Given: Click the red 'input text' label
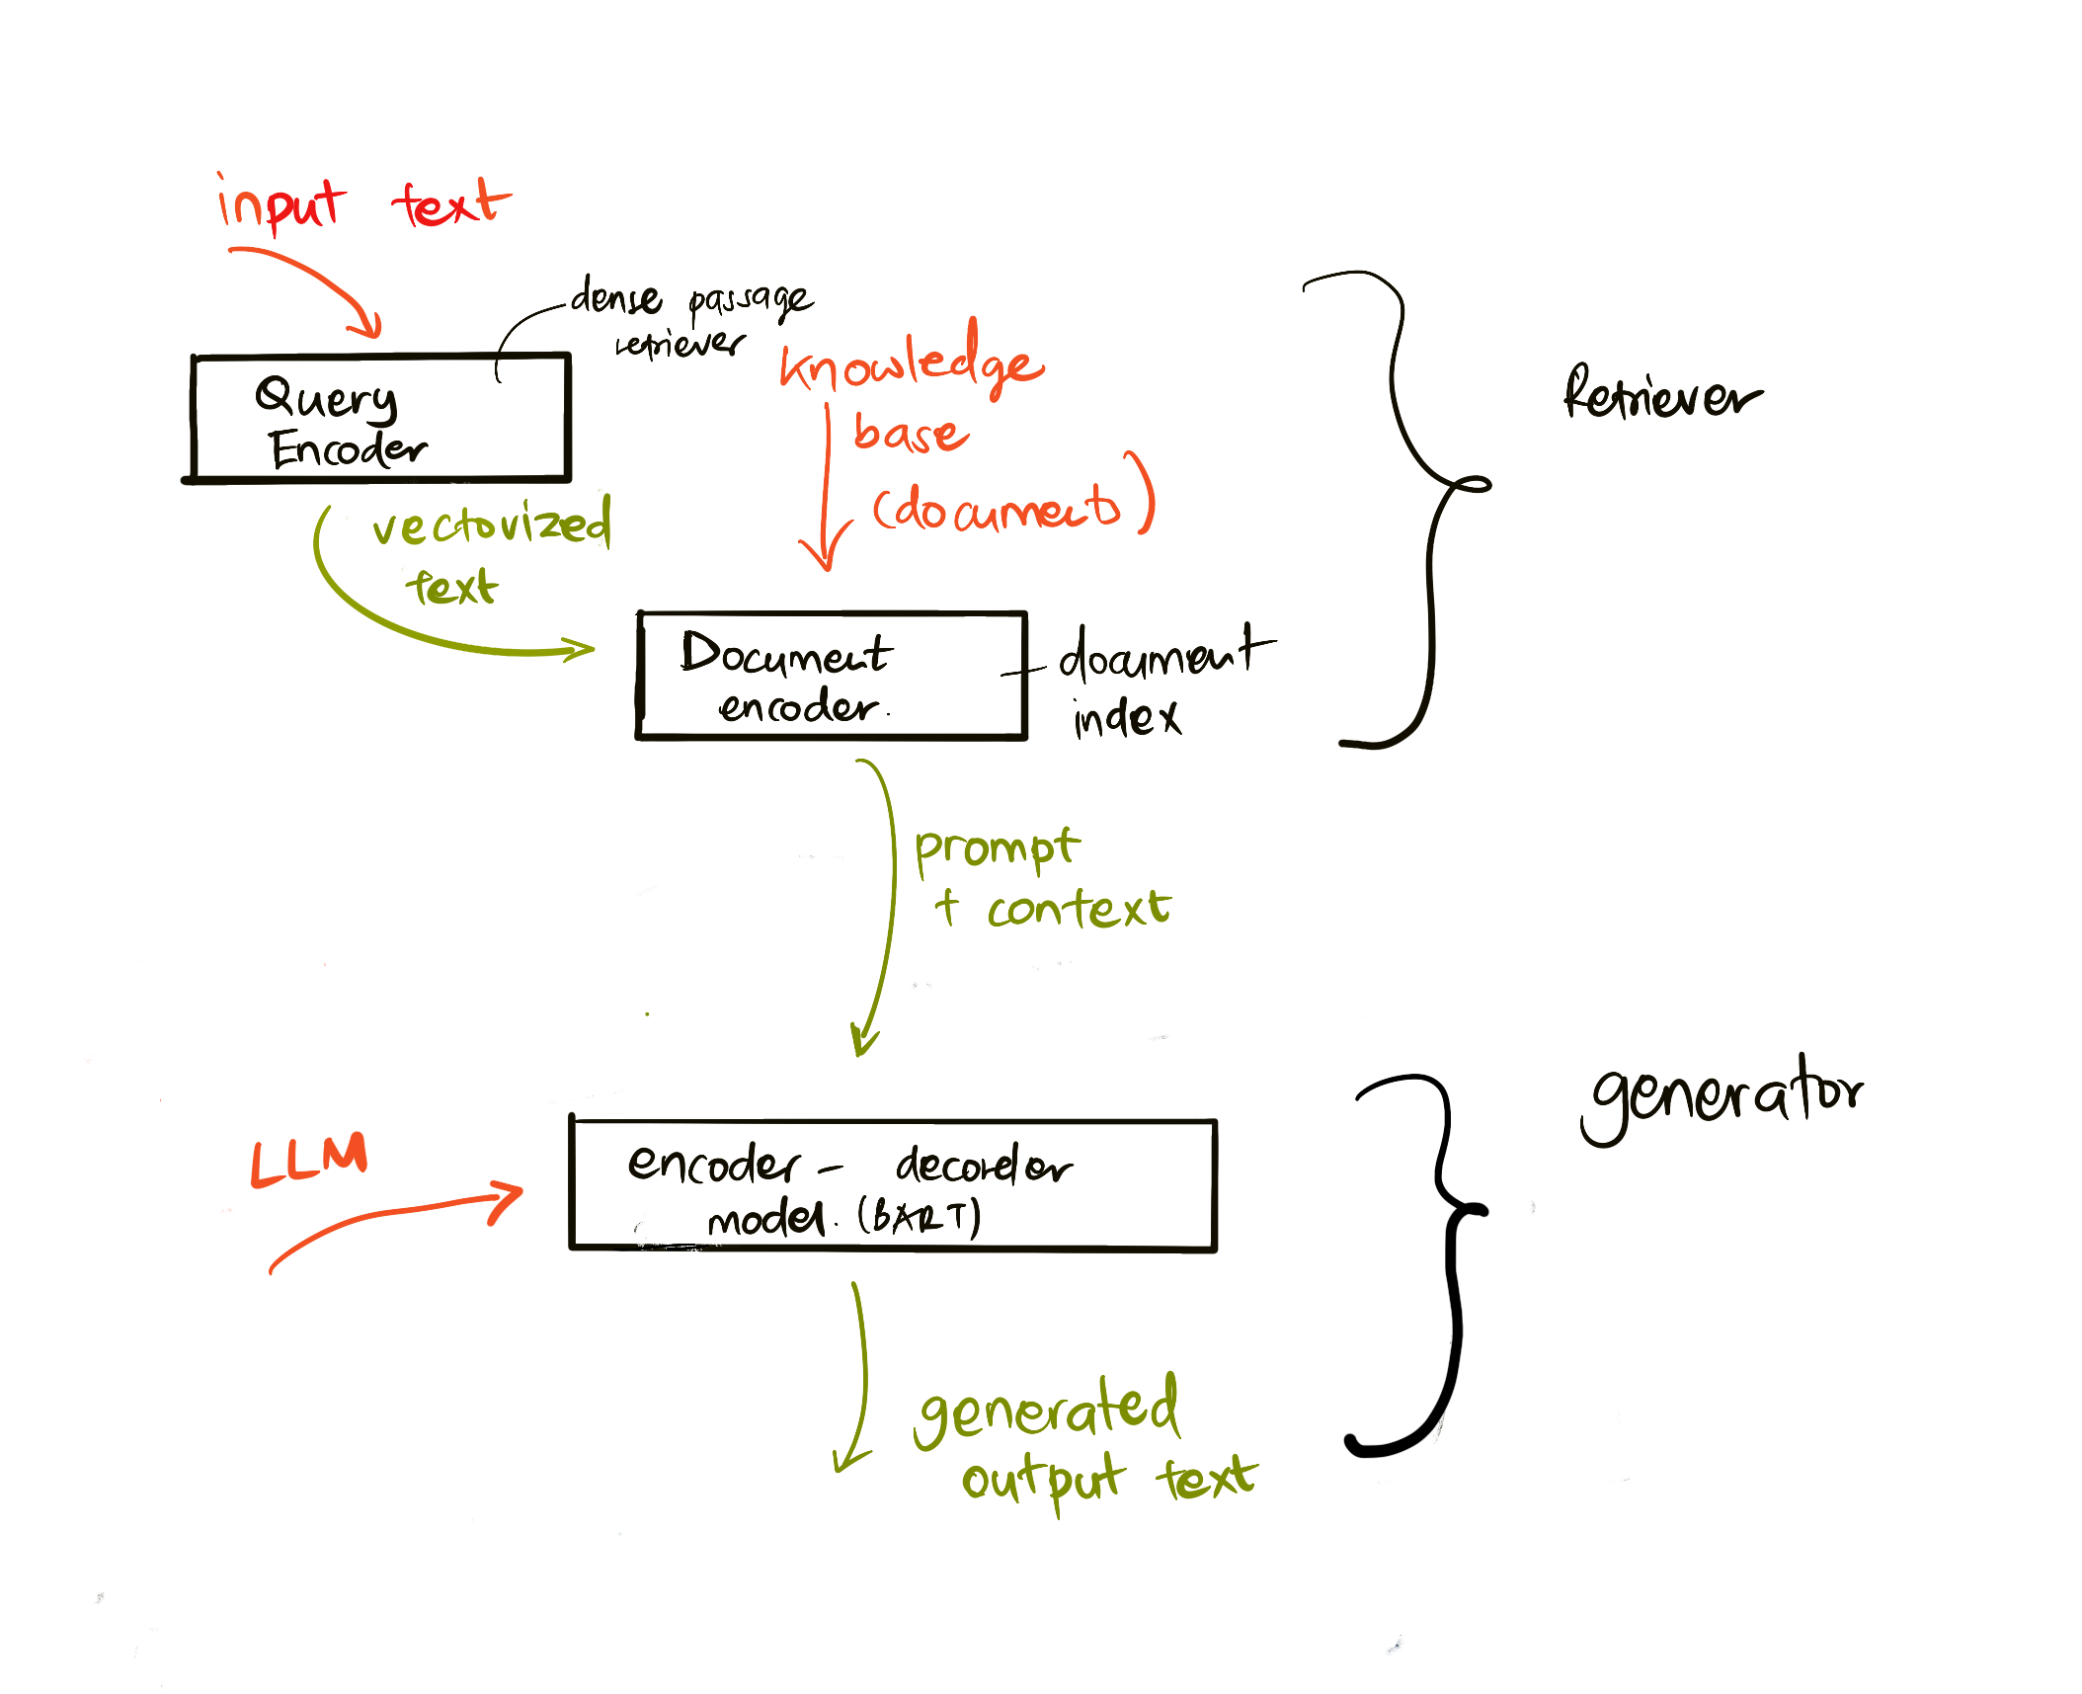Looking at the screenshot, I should click(x=363, y=204).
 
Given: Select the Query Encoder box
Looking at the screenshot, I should click(x=380, y=418).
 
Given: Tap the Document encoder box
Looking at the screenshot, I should click(x=832, y=676).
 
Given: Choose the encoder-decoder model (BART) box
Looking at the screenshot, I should click(x=893, y=1185).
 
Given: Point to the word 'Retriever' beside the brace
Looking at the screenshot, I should click(x=1661, y=395).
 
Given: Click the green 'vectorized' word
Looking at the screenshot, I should click(x=492, y=524).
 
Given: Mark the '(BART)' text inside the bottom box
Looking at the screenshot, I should click(x=919, y=1216).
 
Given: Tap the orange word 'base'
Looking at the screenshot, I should click(x=911, y=433).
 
